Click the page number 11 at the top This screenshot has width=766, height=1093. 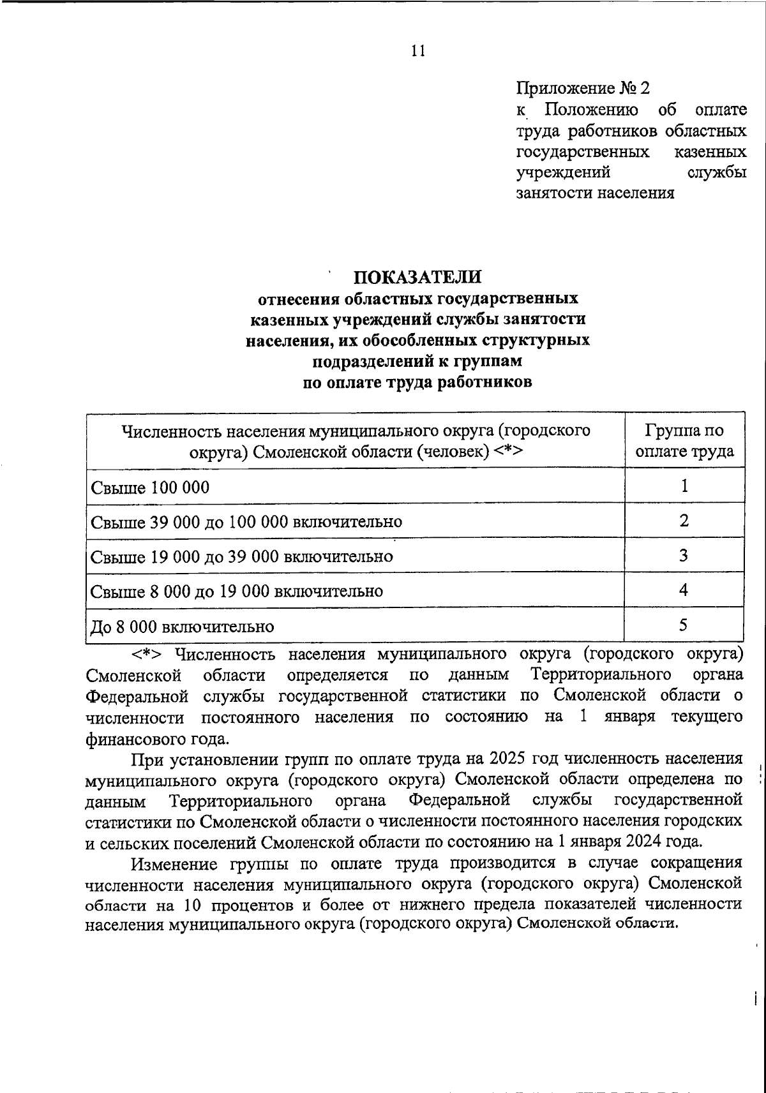(x=418, y=52)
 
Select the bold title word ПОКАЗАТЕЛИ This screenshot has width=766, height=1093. (x=418, y=277)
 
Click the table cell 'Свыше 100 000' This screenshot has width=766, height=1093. (x=150, y=488)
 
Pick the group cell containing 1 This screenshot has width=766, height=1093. (x=684, y=487)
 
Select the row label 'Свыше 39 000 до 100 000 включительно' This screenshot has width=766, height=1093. (x=246, y=522)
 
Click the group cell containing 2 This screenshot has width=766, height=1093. (x=684, y=521)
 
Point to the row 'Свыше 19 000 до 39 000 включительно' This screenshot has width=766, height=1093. (x=241, y=556)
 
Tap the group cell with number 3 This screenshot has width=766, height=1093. (x=684, y=556)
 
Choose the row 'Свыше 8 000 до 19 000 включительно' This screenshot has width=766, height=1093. (x=237, y=591)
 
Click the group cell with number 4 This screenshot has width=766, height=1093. (x=684, y=590)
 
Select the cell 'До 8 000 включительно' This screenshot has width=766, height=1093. (x=183, y=627)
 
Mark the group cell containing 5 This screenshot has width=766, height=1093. (x=684, y=625)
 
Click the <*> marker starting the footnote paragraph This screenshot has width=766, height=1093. (x=148, y=655)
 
